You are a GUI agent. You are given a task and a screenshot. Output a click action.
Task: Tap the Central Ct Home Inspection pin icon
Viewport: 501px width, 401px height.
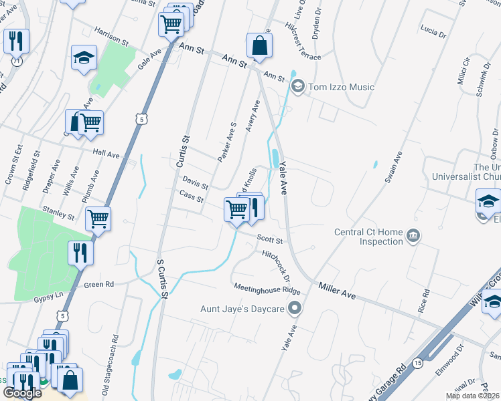(413, 235)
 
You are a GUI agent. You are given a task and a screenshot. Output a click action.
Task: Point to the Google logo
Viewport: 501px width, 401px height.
(22, 393)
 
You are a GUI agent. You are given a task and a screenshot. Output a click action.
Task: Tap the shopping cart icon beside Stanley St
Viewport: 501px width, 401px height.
(98, 217)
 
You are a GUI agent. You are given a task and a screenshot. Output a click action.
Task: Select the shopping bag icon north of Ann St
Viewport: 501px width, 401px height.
(259, 45)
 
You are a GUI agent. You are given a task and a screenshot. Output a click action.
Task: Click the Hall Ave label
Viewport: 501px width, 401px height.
(106, 154)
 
